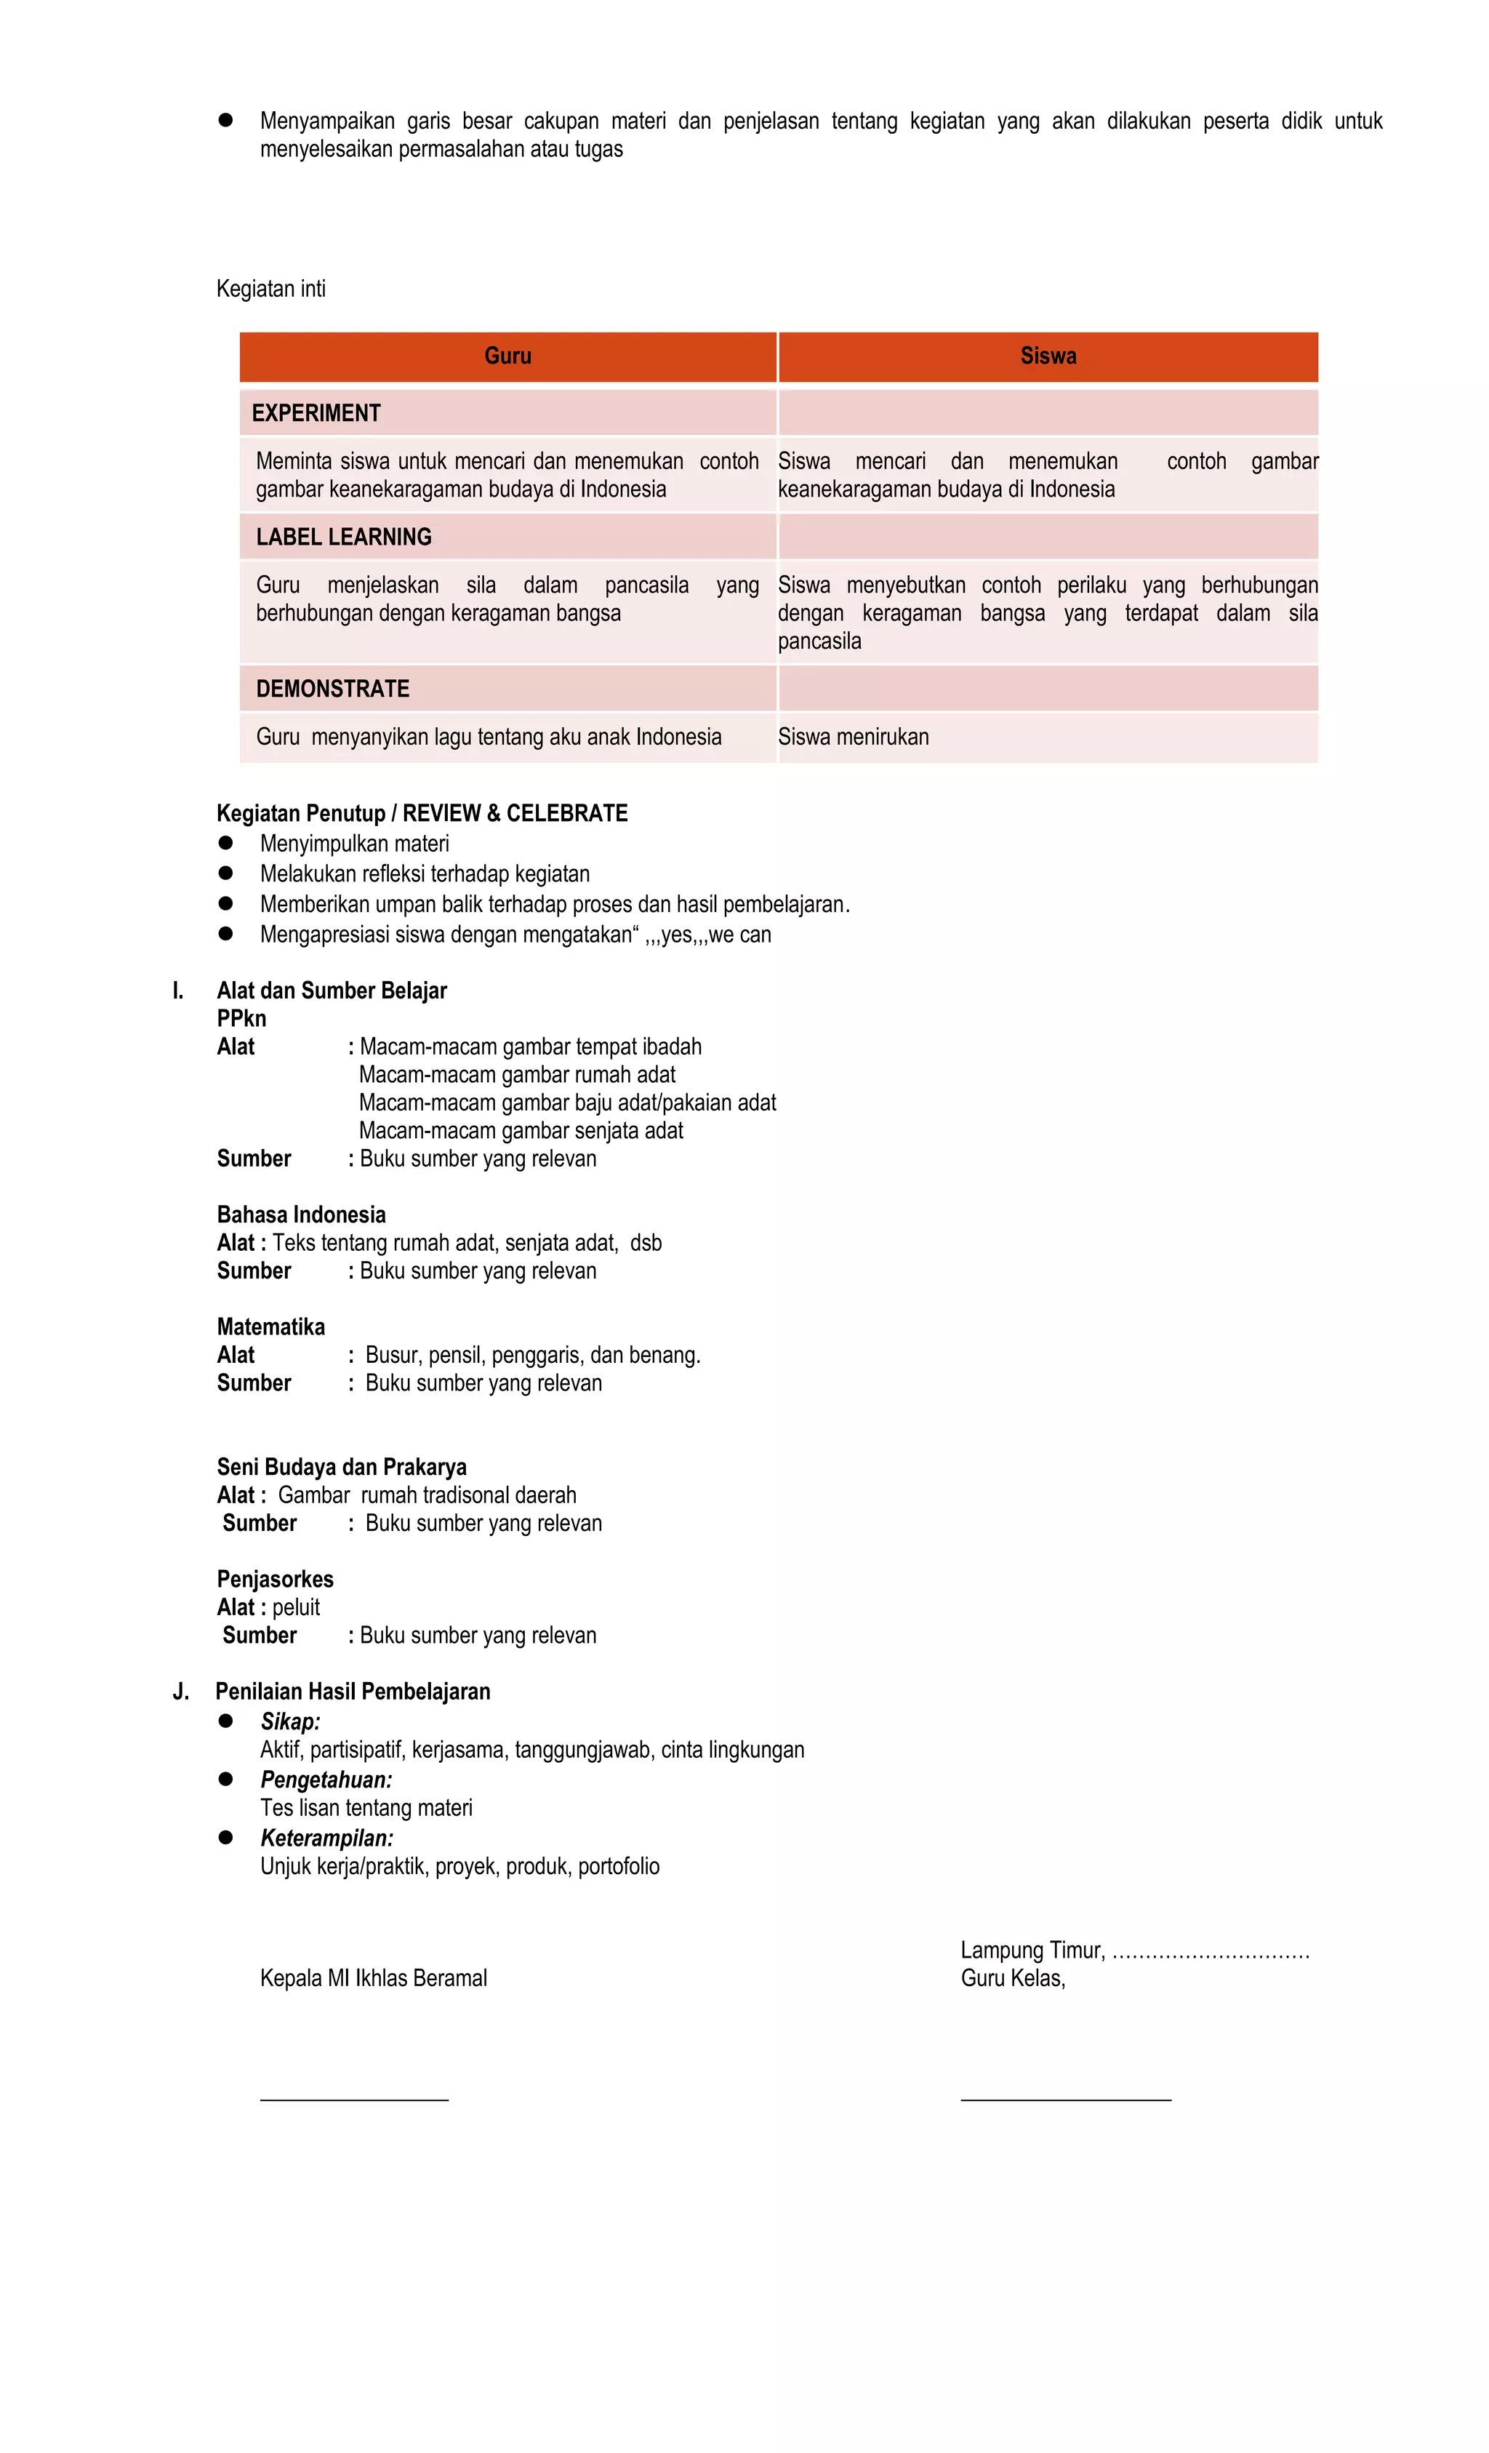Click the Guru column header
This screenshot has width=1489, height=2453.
point(507,356)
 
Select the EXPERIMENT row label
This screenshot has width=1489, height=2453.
point(316,413)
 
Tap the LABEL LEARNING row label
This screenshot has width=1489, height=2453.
point(343,537)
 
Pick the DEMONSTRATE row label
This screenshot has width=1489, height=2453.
point(332,689)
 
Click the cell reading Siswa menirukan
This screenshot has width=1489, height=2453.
point(853,737)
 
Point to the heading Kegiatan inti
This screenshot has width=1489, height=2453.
point(270,289)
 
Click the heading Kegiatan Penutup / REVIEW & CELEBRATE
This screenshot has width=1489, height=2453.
point(422,813)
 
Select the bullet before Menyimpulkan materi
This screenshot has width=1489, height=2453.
point(226,843)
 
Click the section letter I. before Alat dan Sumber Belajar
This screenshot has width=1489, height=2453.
point(178,991)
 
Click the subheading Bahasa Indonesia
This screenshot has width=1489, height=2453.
point(300,1215)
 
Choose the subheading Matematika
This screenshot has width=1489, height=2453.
point(270,1327)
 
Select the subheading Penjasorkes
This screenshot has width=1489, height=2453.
point(275,1579)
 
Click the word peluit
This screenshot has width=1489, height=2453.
point(296,1606)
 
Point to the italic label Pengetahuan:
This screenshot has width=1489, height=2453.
point(326,1779)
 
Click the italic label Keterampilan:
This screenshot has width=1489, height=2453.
point(326,1838)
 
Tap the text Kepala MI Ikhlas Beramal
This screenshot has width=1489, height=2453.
point(373,1978)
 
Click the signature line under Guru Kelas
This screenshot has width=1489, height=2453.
point(1065,2100)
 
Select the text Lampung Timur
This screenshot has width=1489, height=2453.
point(1031,1950)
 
